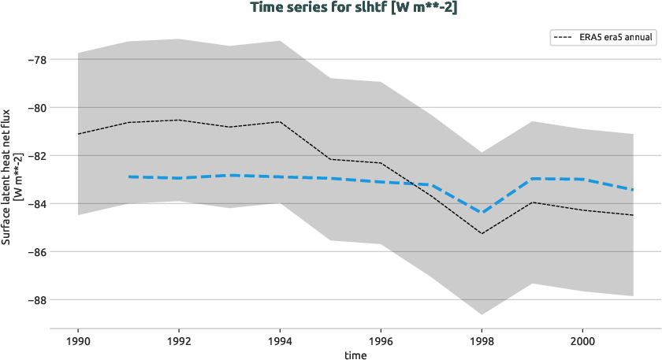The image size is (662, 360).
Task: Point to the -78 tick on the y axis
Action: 35,60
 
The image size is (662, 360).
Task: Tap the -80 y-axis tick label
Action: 35,108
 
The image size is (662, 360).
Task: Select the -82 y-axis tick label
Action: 35,156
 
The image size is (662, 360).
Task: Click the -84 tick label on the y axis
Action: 35,204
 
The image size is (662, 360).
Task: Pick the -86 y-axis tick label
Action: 35,252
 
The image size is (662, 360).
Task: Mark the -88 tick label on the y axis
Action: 35,300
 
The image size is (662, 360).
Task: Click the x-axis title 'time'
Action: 355,354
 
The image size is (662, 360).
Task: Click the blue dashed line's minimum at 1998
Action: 482,213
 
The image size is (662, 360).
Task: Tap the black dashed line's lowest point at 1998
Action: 482,233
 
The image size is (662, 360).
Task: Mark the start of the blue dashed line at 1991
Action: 128,176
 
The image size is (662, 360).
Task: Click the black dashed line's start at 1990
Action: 78,134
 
